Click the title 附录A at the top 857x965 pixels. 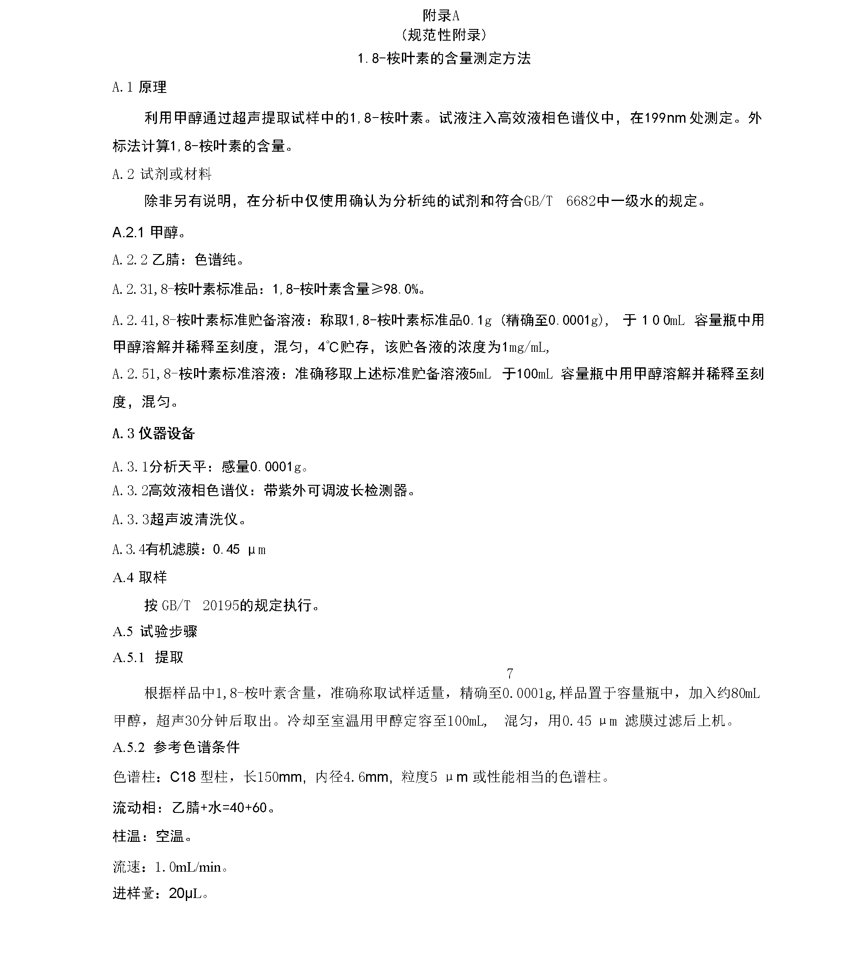440,16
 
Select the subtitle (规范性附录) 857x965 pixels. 444,35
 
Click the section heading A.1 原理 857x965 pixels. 139,87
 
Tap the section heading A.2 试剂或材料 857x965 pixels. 162,175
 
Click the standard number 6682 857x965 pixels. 581,201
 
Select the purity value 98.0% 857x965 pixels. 401,289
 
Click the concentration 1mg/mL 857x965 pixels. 525,347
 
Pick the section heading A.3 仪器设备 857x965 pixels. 153,433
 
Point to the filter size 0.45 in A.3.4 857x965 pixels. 226,550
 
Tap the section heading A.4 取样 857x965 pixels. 139,577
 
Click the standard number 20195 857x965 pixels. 221,606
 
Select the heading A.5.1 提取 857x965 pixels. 148,657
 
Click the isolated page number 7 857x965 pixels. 510,673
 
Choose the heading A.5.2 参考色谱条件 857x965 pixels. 176,747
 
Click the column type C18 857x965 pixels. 183,777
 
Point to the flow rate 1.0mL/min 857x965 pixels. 188,867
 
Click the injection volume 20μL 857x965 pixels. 185,893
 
